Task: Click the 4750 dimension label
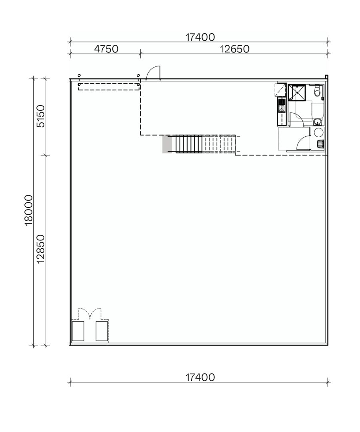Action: (106, 49)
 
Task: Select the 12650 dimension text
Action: (235, 49)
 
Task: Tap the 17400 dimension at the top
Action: (200, 37)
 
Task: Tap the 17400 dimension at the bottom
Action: (200, 377)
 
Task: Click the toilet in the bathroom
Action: (317, 92)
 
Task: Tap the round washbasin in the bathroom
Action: (317, 122)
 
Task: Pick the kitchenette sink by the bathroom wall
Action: (282, 107)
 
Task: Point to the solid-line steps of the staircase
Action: (189, 144)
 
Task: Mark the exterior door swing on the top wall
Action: (154, 73)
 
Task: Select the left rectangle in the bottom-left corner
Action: (78, 331)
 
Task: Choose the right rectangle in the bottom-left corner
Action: (102, 331)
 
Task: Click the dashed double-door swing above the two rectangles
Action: (90, 313)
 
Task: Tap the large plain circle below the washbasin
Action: (318, 132)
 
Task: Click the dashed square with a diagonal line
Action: (280, 90)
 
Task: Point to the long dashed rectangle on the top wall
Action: (108, 86)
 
